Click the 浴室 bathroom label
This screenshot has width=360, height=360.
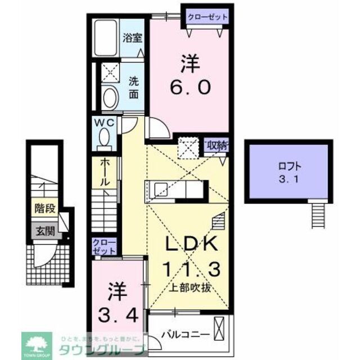[x=133, y=39]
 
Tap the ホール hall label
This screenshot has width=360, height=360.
[x=105, y=173]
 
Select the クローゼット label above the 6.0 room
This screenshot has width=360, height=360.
[x=208, y=17]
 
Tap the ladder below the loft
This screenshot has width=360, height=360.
[x=318, y=215]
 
